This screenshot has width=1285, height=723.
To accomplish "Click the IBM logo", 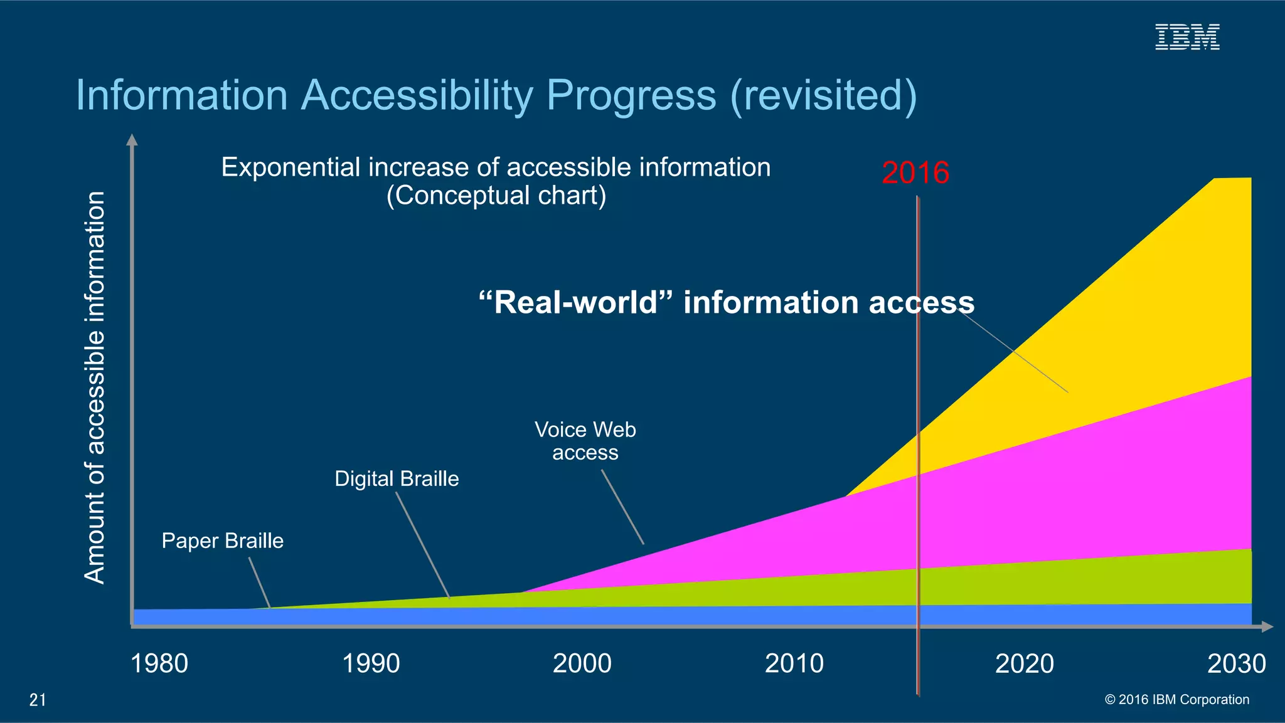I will click(x=1187, y=37).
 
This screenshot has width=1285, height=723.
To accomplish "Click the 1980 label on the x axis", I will click(x=159, y=663).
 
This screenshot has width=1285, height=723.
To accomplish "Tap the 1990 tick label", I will click(x=371, y=663).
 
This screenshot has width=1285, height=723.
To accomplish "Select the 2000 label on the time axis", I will click(x=582, y=663).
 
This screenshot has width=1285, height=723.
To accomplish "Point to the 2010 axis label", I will click(x=794, y=663).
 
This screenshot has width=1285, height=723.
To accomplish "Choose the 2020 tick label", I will click(x=1025, y=663).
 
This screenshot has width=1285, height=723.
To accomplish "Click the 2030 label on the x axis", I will click(x=1237, y=663).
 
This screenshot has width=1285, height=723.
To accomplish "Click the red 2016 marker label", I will click(x=915, y=172).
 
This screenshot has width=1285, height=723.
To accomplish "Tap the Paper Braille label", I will click(x=223, y=541).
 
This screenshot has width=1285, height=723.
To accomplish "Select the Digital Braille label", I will click(x=397, y=478).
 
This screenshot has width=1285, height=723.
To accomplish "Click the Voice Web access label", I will click(x=585, y=441).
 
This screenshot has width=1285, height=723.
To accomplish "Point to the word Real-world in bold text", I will click(x=576, y=302).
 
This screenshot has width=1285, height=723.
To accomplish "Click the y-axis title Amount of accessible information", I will click(x=95, y=388).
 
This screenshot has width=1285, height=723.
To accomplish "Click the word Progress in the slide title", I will click(x=631, y=95).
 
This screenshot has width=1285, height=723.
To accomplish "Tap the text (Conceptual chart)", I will click(x=496, y=196).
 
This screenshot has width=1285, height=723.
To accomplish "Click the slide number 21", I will click(x=38, y=700).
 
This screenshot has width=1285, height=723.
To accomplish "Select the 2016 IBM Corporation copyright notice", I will click(x=1176, y=699).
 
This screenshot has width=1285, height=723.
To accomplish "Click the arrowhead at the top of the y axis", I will click(x=132, y=139).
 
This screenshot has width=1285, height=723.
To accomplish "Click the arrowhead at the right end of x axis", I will click(x=1267, y=626).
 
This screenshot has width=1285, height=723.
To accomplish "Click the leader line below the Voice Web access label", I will click(x=623, y=507).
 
